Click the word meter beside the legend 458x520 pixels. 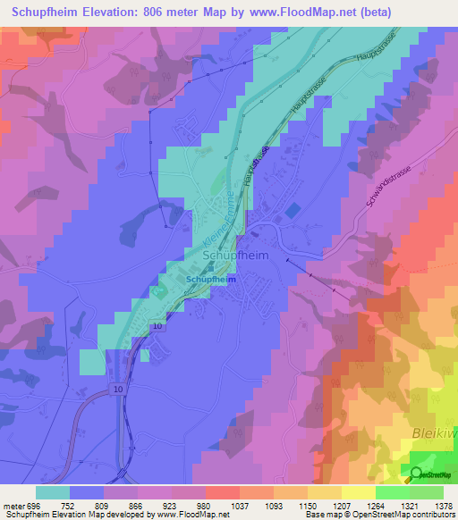coord(13,506)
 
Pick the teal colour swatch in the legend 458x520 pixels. coord(53,492)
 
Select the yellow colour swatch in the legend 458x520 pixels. coord(359,492)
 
